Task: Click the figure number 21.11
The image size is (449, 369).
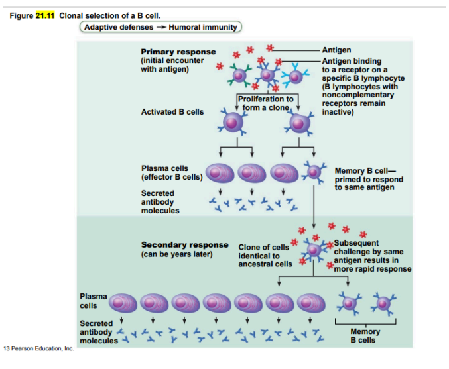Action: click(x=44, y=16)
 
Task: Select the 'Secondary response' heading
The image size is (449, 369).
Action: click(x=184, y=245)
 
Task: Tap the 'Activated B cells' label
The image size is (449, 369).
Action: click(x=172, y=112)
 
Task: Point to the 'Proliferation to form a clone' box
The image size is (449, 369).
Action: click(x=265, y=103)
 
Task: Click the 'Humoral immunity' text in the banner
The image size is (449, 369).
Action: click(x=202, y=27)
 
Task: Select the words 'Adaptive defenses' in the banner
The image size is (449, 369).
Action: click(x=118, y=27)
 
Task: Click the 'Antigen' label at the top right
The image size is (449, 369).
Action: click(x=336, y=50)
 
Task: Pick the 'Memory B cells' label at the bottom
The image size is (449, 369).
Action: click(x=365, y=335)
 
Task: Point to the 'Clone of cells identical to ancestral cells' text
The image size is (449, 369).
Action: click(x=265, y=256)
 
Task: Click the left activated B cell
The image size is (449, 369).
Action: click(x=232, y=121)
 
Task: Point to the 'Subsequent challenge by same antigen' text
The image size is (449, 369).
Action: click(x=371, y=256)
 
